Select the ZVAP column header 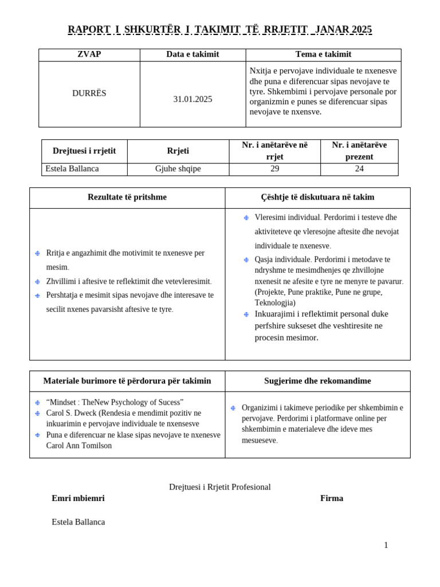[x=89, y=54]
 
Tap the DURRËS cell [x=89, y=93]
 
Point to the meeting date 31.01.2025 [x=192, y=99]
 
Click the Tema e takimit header [x=323, y=54]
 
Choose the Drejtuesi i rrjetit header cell [x=84, y=151]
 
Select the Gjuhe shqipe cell [x=178, y=169]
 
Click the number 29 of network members [x=274, y=169]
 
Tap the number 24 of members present [x=359, y=169]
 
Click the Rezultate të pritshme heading [x=127, y=197]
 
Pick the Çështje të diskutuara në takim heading [x=317, y=197]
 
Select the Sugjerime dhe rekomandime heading [x=317, y=381]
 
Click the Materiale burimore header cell [x=127, y=381]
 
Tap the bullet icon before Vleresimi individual [x=246, y=218]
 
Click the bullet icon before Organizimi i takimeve [x=233, y=408]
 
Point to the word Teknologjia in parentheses [x=275, y=303]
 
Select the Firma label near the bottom [x=332, y=498]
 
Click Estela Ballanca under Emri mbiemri [x=78, y=522]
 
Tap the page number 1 [x=386, y=545]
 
